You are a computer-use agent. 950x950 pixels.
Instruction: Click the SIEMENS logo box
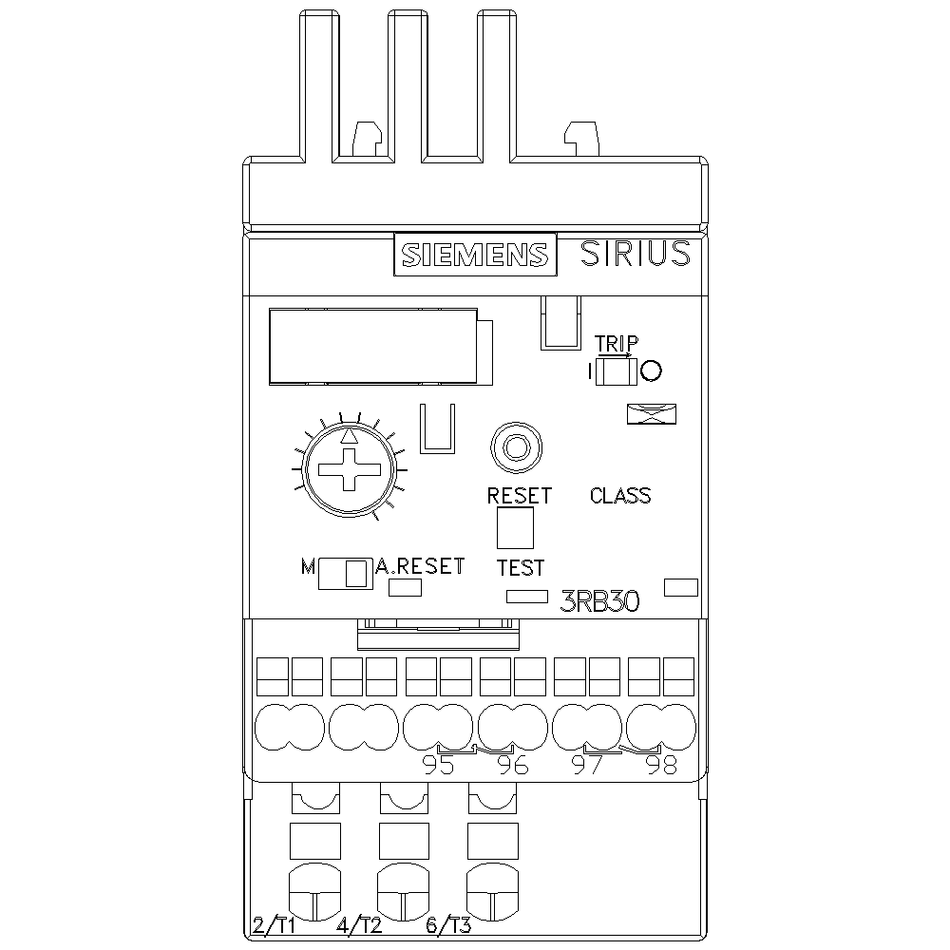point(474,255)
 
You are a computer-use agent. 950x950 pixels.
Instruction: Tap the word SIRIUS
point(635,254)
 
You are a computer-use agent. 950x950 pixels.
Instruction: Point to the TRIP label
point(617,343)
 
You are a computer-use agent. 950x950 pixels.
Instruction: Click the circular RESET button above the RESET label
point(516,446)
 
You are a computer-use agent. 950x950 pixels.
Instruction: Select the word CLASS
point(620,496)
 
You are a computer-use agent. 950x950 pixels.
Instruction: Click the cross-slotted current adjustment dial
point(349,469)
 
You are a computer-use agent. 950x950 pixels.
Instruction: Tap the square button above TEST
point(515,528)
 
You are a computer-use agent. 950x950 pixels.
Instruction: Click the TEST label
point(521,568)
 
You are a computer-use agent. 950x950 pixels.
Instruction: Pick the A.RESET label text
point(420,566)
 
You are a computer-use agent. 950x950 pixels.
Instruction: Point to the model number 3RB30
point(600,600)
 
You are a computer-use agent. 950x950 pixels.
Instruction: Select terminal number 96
point(513,766)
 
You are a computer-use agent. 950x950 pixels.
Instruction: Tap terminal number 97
point(587,766)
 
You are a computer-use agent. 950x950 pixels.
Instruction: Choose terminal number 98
point(661,766)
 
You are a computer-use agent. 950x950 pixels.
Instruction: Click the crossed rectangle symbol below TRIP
point(652,413)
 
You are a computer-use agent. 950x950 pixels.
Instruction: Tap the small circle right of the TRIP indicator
point(651,370)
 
